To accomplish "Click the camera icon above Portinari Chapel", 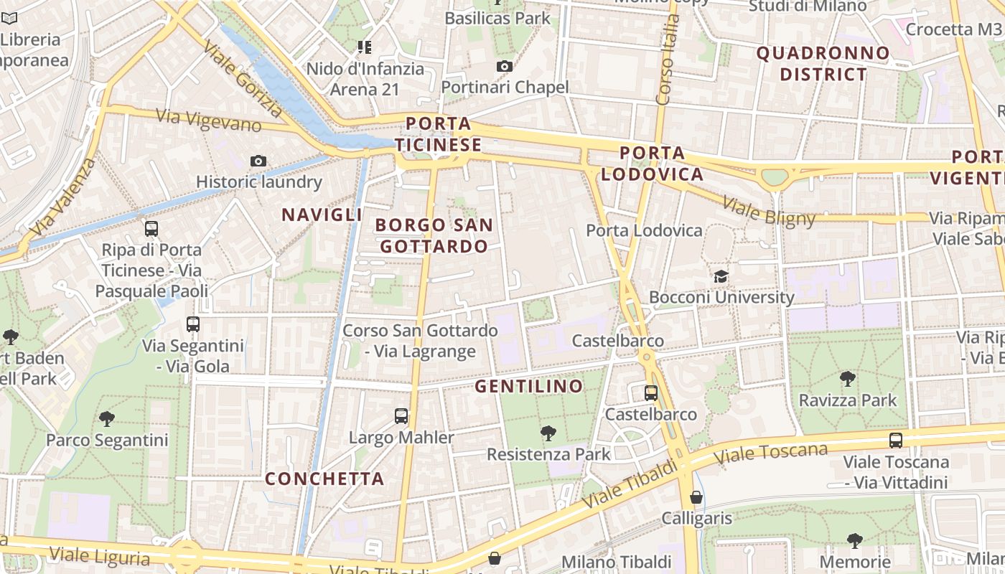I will click(505, 67).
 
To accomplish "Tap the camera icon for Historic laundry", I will click(258, 161).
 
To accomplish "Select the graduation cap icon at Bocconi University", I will click(720, 276).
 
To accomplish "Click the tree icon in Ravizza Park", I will click(848, 378).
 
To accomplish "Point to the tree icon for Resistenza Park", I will click(548, 433).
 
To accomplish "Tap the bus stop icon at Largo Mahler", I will click(401, 415).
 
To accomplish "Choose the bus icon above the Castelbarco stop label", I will click(651, 392).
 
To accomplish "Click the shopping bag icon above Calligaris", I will click(696, 497).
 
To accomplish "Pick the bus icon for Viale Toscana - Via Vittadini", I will click(895, 440).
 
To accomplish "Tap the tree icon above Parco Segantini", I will click(107, 418).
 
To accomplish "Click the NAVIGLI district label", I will click(322, 215).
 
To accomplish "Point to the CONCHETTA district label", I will click(324, 479).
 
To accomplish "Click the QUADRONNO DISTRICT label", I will click(823, 63).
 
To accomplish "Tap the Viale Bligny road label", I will click(769, 210).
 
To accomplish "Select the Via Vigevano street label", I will click(208, 121).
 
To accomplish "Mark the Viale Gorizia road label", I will click(243, 78).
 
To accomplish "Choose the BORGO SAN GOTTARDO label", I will click(434, 235).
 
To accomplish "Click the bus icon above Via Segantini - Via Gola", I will click(193, 324).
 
